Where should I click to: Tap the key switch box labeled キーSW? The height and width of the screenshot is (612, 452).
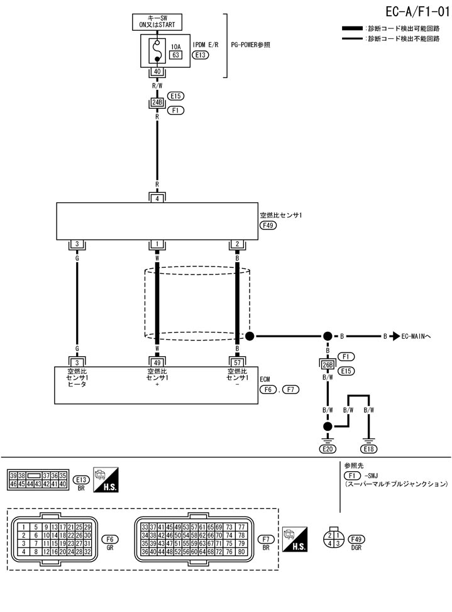tap(157, 21)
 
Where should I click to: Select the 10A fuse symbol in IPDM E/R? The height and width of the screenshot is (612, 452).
tap(157, 50)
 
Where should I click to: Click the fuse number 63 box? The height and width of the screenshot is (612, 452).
tap(176, 55)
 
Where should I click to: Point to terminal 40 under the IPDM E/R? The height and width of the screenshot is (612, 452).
tap(157, 72)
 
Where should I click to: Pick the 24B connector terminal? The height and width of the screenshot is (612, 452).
tap(157, 103)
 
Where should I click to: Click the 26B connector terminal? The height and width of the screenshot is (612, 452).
tap(328, 364)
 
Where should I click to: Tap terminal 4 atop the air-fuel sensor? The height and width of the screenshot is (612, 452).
tap(157, 198)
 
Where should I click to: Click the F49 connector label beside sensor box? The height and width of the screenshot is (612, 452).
tap(269, 225)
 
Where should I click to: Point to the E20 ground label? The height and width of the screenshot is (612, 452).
tap(328, 449)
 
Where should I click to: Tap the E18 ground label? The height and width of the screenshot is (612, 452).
tap(368, 449)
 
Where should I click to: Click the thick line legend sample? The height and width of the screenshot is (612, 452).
tap(352, 29)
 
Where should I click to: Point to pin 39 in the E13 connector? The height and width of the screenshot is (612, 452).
tap(13, 476)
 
